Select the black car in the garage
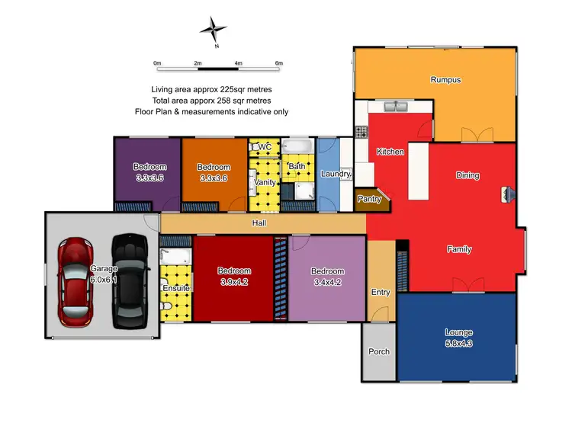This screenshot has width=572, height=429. [130, 281]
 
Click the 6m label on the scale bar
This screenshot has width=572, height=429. [278, 63]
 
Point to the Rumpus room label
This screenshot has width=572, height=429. [445, 79]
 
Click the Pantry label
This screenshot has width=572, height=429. [370, 199]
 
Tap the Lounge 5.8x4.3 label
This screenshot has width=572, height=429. [458, 338]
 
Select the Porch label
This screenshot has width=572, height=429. [378, 351]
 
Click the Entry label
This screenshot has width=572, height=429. [380, 293]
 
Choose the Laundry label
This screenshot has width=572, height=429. [336, 174]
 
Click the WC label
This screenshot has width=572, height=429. [265, 146]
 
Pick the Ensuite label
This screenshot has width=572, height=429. [175, 288]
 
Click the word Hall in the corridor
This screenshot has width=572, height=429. [259, 223]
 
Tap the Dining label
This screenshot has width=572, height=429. [468, 175]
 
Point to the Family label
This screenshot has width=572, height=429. [459, 249]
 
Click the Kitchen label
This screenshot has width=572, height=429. [390, 152]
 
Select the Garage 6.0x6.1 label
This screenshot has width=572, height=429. [104, 274]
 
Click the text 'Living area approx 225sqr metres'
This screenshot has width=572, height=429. [210, 89]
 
